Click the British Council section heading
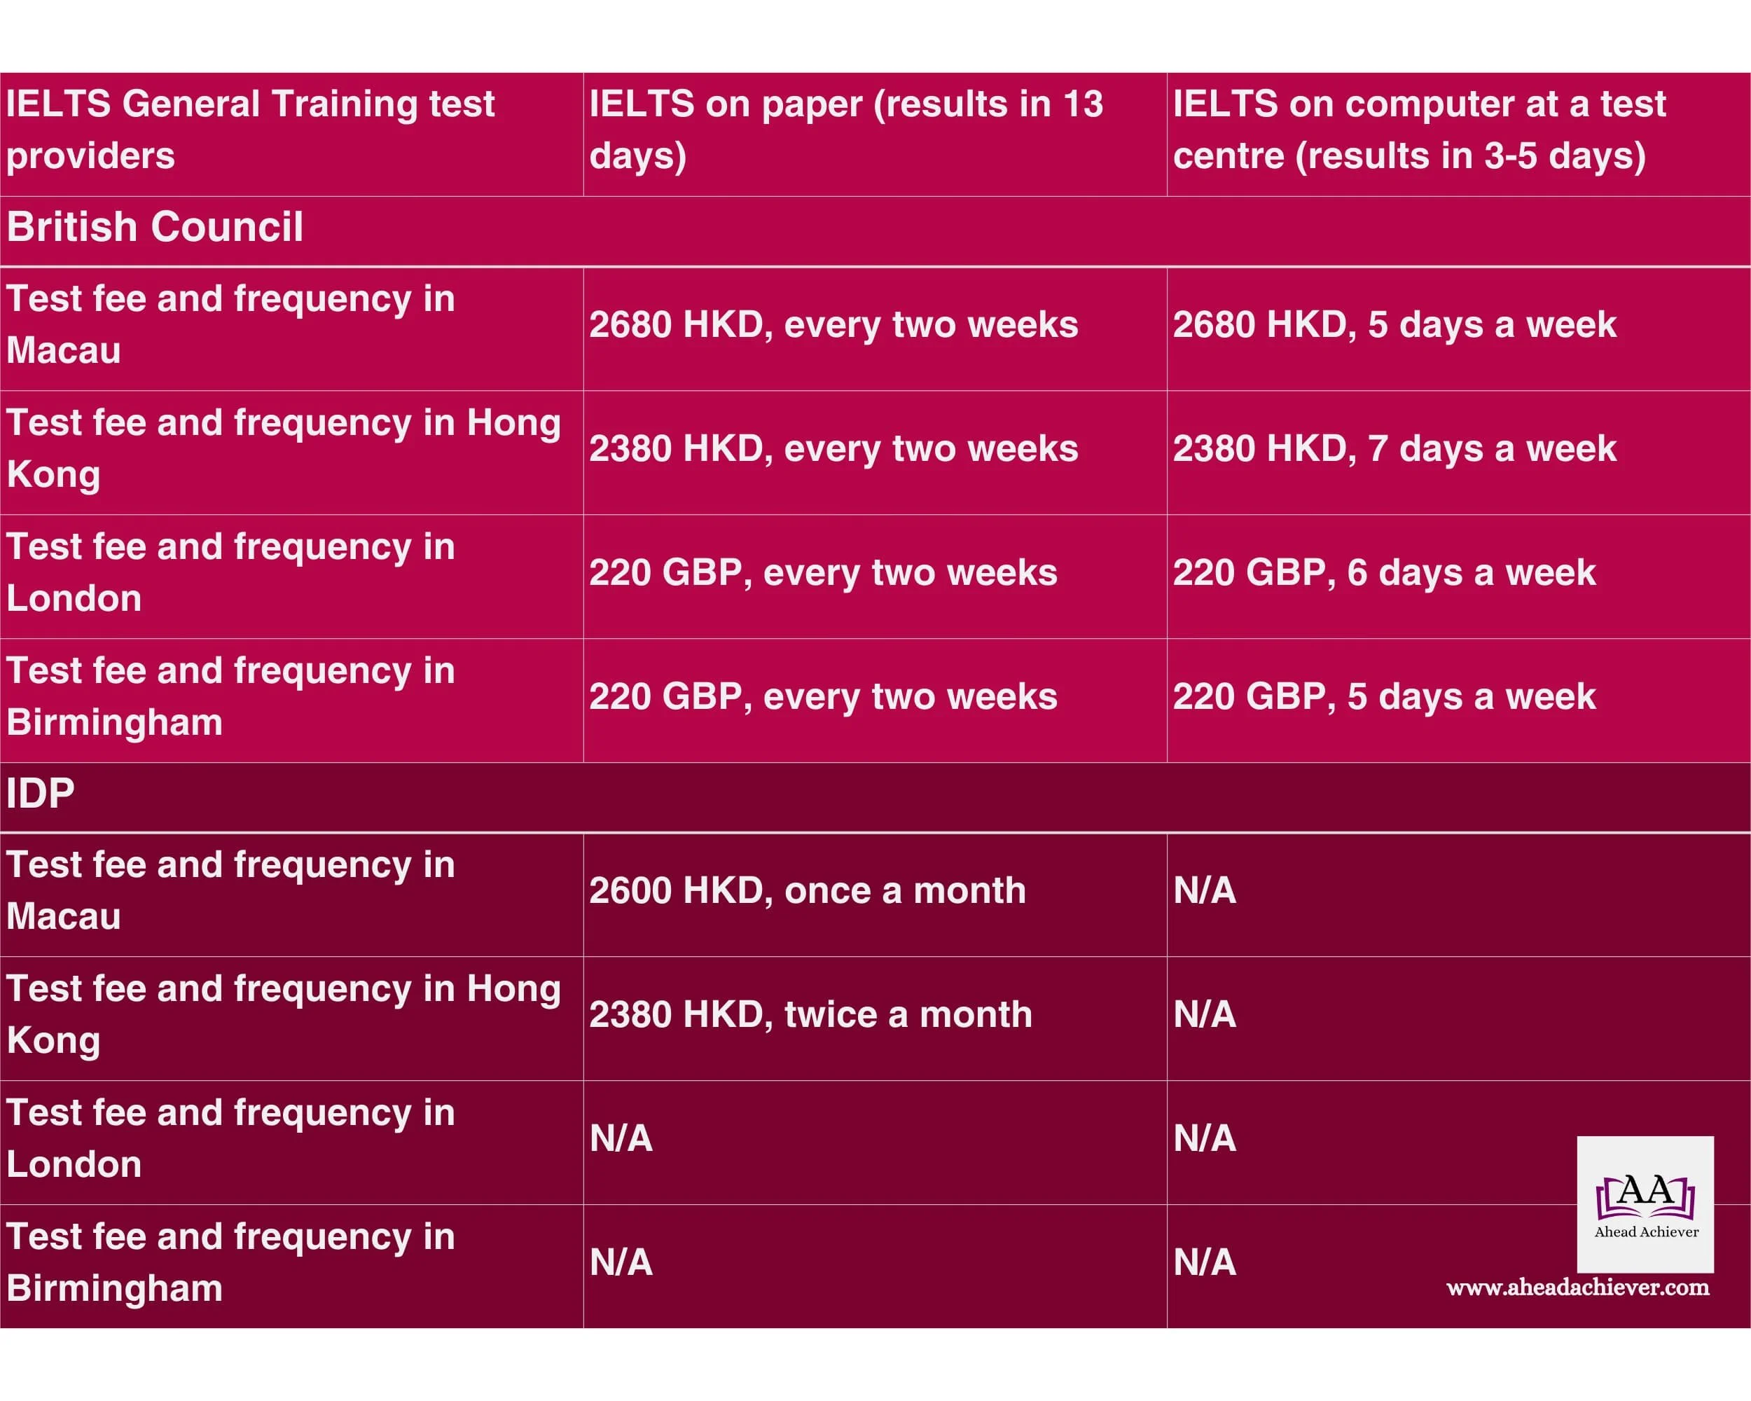154,226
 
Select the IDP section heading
41,793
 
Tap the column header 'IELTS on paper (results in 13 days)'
845,130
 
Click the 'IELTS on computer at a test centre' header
1419,130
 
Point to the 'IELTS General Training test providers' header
250,130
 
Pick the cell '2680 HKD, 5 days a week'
1394,325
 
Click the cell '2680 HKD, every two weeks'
833,325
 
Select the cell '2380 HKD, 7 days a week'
1394,449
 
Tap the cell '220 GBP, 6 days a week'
1384,572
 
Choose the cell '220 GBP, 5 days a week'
1384,697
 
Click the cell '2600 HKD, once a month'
808,891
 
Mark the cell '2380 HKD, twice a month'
810,1014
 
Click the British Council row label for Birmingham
230,697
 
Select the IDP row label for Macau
230,891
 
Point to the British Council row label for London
230,572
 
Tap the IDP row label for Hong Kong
283,1014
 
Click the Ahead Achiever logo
1645,1203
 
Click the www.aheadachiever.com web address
1577,1288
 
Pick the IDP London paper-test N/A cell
621,1139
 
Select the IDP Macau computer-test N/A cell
1205,891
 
